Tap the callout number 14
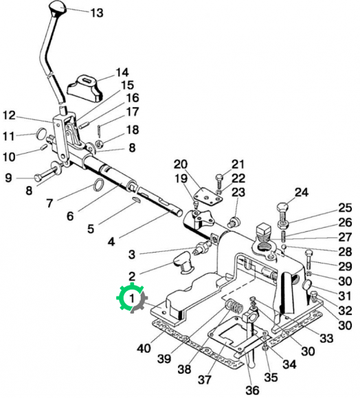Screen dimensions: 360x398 tap(122, 73)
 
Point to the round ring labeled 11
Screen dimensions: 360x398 tap(41, 134)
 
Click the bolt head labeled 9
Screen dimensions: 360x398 tap(38, 178)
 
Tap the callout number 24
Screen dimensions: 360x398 tap(301, 193)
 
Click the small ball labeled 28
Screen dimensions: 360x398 tap(284, 247)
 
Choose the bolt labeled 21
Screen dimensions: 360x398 tap(220, 181)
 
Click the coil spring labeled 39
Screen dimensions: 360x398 tap(234, 307)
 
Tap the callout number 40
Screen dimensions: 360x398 tap(144, 349)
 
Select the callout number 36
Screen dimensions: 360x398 tap(252, 390)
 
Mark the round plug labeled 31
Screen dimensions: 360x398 tap(307, 285)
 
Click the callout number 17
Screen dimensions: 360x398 tap(133, 112)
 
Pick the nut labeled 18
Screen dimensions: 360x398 tap(99, 144)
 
